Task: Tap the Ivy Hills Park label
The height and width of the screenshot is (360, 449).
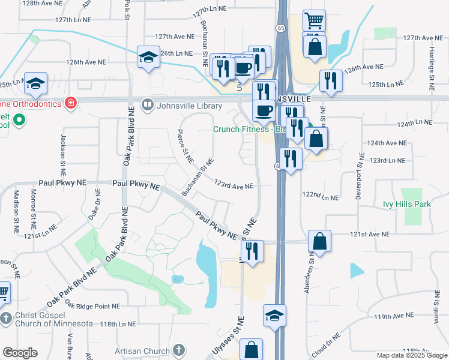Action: click(407, 204)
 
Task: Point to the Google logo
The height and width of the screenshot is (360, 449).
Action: click(20, 353)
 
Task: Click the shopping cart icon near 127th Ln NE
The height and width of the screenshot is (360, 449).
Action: click(314, 22)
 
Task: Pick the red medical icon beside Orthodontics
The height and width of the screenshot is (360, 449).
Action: click(71, 103)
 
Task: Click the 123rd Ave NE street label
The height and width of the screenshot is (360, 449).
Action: click(234, 186)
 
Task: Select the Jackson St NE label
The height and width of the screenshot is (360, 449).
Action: click(62, 154)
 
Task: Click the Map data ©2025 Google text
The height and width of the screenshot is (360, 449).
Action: click(412, 355)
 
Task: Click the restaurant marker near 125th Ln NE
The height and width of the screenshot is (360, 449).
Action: click(331, 82)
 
